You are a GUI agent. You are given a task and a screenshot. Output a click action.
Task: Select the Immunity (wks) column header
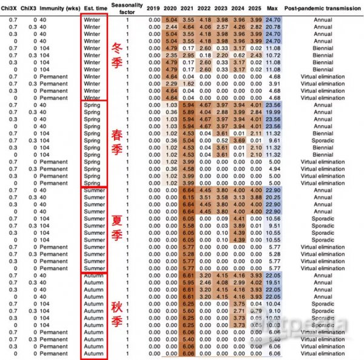[x=57, y=7]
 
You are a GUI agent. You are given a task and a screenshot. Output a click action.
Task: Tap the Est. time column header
[x=92, y=7]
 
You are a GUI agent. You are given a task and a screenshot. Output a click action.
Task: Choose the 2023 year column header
[x=239, y=7]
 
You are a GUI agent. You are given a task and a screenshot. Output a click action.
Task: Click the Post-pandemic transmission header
[x=322, y=7]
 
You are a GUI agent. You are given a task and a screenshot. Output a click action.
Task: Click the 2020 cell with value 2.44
[x=171, y=27]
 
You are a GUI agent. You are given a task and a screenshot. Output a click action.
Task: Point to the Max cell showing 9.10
[x=274, y=311]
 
